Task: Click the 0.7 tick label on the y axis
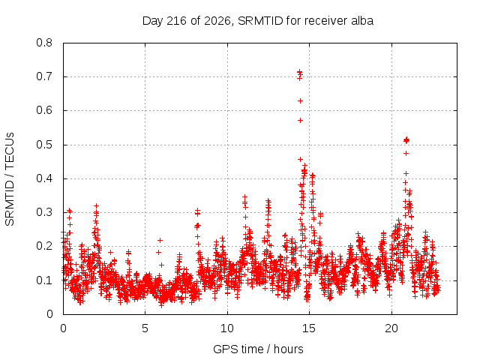pyautogui.click(x=44, y=76)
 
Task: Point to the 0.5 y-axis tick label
pyautogui.click(x=44, y=145)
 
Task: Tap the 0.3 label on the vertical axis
pyautogui.click(x=44, y=212)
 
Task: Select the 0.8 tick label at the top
pyautogui.click(x=44, y=43)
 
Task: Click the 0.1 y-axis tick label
pyautogui.click(x=44, y=280)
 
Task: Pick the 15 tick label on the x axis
pyautogui.click(x=309, y=328)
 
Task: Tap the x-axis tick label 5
pyautogui.click(x=145, y=328)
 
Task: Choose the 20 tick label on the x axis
pyautogui.click(x=391, y=328)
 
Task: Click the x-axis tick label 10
pyautogui.click(x=226, y=328)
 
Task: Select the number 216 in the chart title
pyautogui.click(x=176, y=21)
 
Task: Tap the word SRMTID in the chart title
pyautogui.click(x=260, y=21)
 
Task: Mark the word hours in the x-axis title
pyautogui.click(x=288, y=349)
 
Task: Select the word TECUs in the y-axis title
pyautogui.click(x=10, y=151)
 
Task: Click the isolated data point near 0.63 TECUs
pyautogui.click(x=300, y=100)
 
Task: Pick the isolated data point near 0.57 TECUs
pyautogui.click(x=300, y=120)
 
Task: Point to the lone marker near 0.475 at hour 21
pyautogui.click(x=406, y=153)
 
